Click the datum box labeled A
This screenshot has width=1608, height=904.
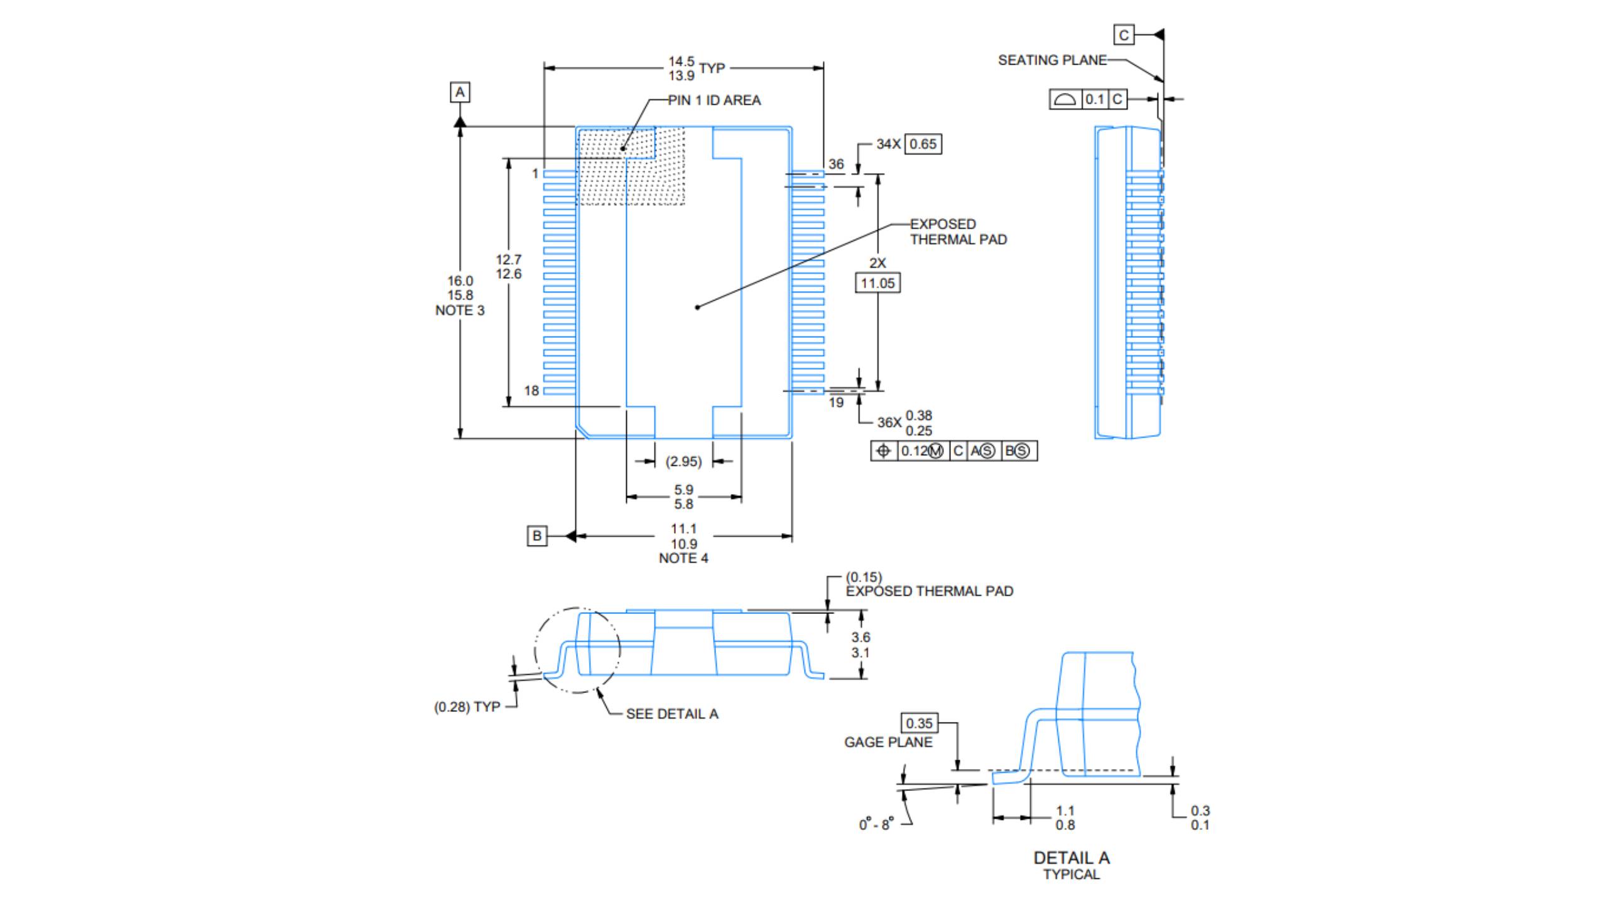460,92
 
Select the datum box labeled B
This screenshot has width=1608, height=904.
536,536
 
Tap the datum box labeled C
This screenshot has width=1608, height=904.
1124,35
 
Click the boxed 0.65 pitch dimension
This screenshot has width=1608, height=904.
923,144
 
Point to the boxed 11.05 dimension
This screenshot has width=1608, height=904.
877,283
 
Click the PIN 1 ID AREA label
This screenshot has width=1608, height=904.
714,100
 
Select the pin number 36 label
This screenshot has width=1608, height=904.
836,164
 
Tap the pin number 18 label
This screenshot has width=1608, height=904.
531,390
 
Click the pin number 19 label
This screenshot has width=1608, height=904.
836,402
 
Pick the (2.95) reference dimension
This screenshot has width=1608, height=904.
683,461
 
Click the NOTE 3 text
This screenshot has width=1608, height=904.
460,310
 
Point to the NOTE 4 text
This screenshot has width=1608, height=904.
683,558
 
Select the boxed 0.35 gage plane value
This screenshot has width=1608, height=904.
919,723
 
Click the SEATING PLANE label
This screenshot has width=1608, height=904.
1052,60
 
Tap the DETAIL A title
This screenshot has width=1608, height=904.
1072,858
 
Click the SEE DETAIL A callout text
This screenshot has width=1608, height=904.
672,714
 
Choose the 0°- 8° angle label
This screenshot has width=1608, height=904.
876,824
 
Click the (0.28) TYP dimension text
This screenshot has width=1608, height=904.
467,707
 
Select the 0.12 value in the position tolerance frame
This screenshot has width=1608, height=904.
915,451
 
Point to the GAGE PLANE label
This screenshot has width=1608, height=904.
888,742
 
